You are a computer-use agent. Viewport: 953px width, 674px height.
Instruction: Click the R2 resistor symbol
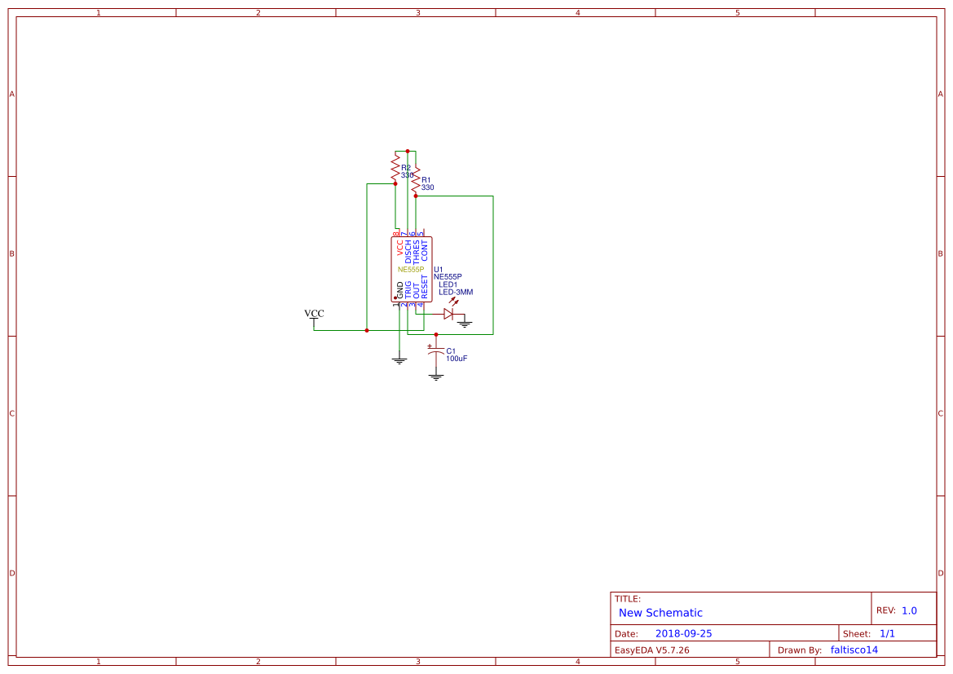395,167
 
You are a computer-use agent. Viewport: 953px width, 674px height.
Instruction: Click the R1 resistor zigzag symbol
416,181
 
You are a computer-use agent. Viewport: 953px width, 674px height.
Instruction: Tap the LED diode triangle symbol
448,314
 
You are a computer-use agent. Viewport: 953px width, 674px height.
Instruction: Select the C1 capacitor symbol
436,351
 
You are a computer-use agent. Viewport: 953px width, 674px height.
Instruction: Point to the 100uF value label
457,359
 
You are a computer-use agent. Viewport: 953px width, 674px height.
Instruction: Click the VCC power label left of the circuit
314,314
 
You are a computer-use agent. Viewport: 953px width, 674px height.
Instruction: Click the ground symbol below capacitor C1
436,377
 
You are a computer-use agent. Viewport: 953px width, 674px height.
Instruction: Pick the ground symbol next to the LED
465,324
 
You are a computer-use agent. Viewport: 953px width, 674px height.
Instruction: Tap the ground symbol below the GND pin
399,359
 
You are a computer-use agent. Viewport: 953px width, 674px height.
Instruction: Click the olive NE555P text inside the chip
411,269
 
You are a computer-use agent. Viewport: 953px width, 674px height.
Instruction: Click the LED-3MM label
456,292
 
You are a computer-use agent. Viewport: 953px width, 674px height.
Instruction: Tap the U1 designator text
439,269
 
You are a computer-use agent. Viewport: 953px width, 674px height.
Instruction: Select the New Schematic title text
660,613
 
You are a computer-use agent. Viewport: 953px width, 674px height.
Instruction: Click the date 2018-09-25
683,633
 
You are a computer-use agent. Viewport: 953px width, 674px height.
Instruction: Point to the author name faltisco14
854,650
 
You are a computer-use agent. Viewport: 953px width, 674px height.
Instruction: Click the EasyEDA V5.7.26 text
651,650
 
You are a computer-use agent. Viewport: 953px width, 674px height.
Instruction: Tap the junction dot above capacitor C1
436,334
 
